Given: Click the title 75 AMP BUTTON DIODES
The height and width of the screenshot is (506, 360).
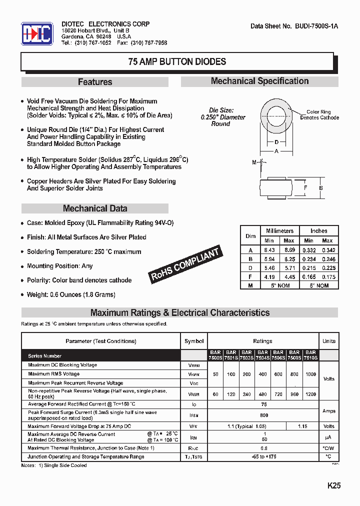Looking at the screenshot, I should (177, 62).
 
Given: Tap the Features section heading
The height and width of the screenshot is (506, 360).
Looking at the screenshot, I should (95, 82).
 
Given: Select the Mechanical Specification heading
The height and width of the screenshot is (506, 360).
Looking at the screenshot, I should (259, 81).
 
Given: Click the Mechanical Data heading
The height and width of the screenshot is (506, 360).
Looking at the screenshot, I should (95, 208).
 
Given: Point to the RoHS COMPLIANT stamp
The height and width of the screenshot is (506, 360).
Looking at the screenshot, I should (185, 264).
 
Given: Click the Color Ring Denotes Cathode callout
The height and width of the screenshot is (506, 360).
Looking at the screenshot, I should (319, 115).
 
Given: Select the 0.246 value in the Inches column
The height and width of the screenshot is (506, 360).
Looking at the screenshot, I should (328, 259).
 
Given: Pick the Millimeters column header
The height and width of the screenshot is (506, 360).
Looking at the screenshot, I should (279, 231).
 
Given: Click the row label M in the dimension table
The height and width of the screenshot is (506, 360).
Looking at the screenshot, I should (250, 285).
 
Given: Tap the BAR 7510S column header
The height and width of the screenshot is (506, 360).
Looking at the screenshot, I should (310, 355).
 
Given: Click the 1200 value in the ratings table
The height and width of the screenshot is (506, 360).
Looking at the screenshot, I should (310, 394).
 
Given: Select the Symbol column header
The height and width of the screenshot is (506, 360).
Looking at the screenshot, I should (194, 341).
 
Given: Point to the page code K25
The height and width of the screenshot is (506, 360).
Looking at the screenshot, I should (334, 485).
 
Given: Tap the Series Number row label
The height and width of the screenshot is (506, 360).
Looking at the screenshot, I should (45, 356).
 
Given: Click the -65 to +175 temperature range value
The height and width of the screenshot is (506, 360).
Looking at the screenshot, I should (264, 456).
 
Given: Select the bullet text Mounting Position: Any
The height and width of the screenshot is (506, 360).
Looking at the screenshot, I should (59, 266).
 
